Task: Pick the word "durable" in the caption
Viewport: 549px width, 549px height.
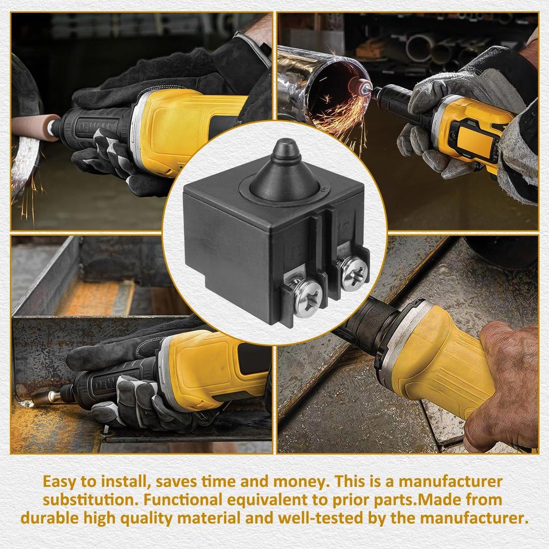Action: click(51, 518)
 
